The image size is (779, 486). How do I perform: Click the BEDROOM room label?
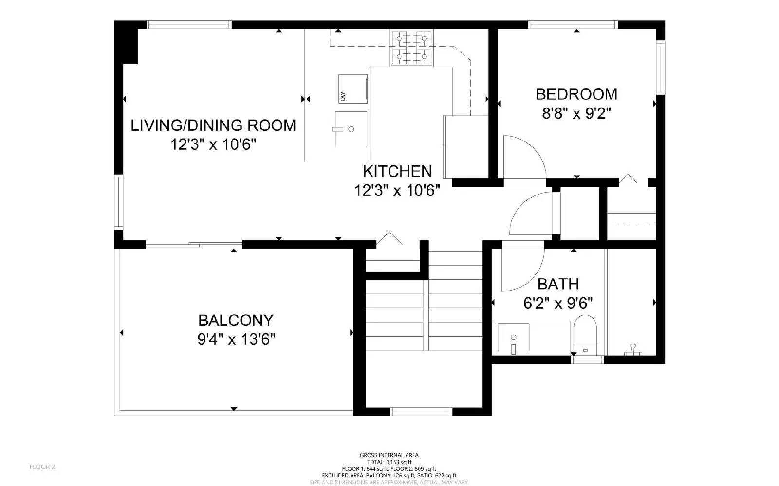(x=576, y=94)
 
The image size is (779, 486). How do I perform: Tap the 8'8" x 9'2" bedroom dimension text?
(x=576, y=114)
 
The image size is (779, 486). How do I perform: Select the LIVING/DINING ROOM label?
(x=213, y=126)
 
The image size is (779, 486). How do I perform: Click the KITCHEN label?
(x=397, y=171)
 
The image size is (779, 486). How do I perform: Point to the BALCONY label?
(x=236, y=320)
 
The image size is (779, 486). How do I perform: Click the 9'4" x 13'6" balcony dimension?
(x=236, y=339)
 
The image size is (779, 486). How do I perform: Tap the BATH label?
(x=558, y=284)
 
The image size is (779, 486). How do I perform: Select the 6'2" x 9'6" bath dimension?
(x=558, y=304)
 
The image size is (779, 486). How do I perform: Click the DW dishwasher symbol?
(x=352, y=89)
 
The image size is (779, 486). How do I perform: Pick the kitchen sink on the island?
(x=351, y=129)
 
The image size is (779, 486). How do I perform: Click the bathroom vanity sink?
(x=514, y=339)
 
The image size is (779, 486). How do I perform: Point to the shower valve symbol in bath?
(x=633, y=348)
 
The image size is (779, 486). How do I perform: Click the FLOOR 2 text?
(x=42, y=467)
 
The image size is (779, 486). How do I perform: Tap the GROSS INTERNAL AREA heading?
(x=389, y=455)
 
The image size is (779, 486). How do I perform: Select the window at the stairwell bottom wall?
(x=422, y=412)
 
